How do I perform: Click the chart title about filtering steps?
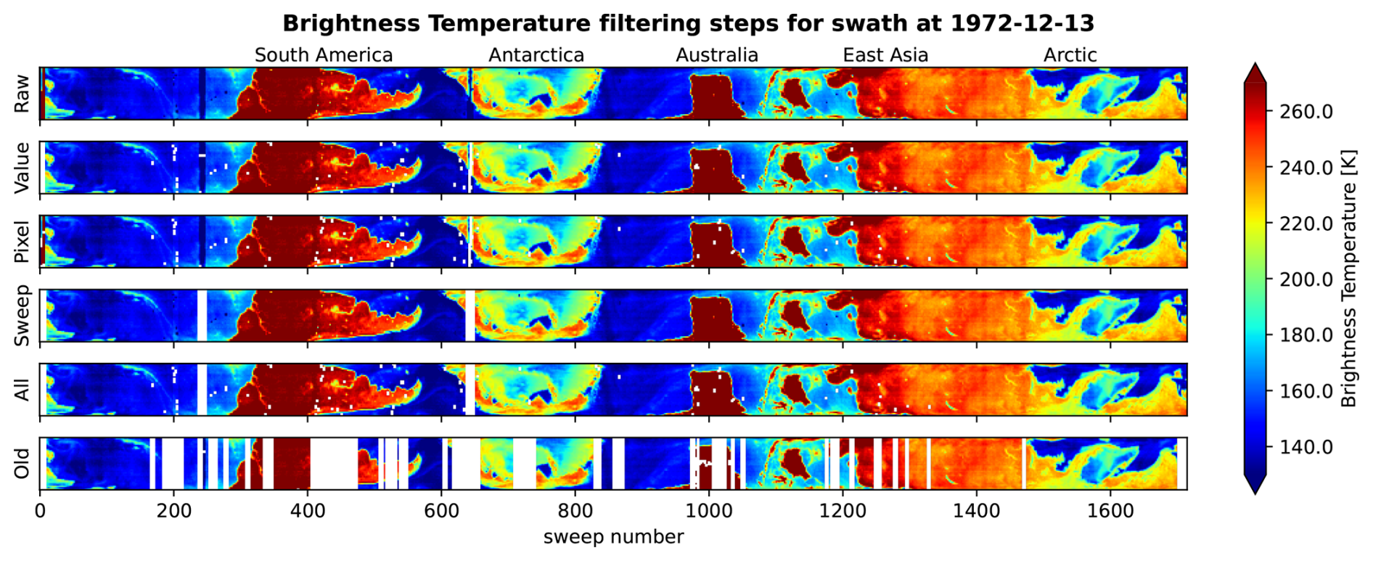[687, 23]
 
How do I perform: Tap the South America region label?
[323, 55]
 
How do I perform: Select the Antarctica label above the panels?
[536, 55]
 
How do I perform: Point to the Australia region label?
[717, 55]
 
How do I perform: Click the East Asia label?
[885, 55]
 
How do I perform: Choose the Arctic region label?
[1070, 55]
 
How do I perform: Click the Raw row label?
[22, 94]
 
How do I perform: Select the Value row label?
[22, 168]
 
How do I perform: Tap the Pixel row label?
[22, 242]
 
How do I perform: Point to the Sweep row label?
[22, 316]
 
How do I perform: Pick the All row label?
[22, 390]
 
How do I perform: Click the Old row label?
[22, 464]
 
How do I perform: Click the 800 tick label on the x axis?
[575, 511]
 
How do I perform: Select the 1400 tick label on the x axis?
[977, 511]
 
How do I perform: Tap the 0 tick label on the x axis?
[40, 511]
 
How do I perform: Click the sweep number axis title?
[613, 537]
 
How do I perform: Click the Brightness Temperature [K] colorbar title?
[1348, 279]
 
